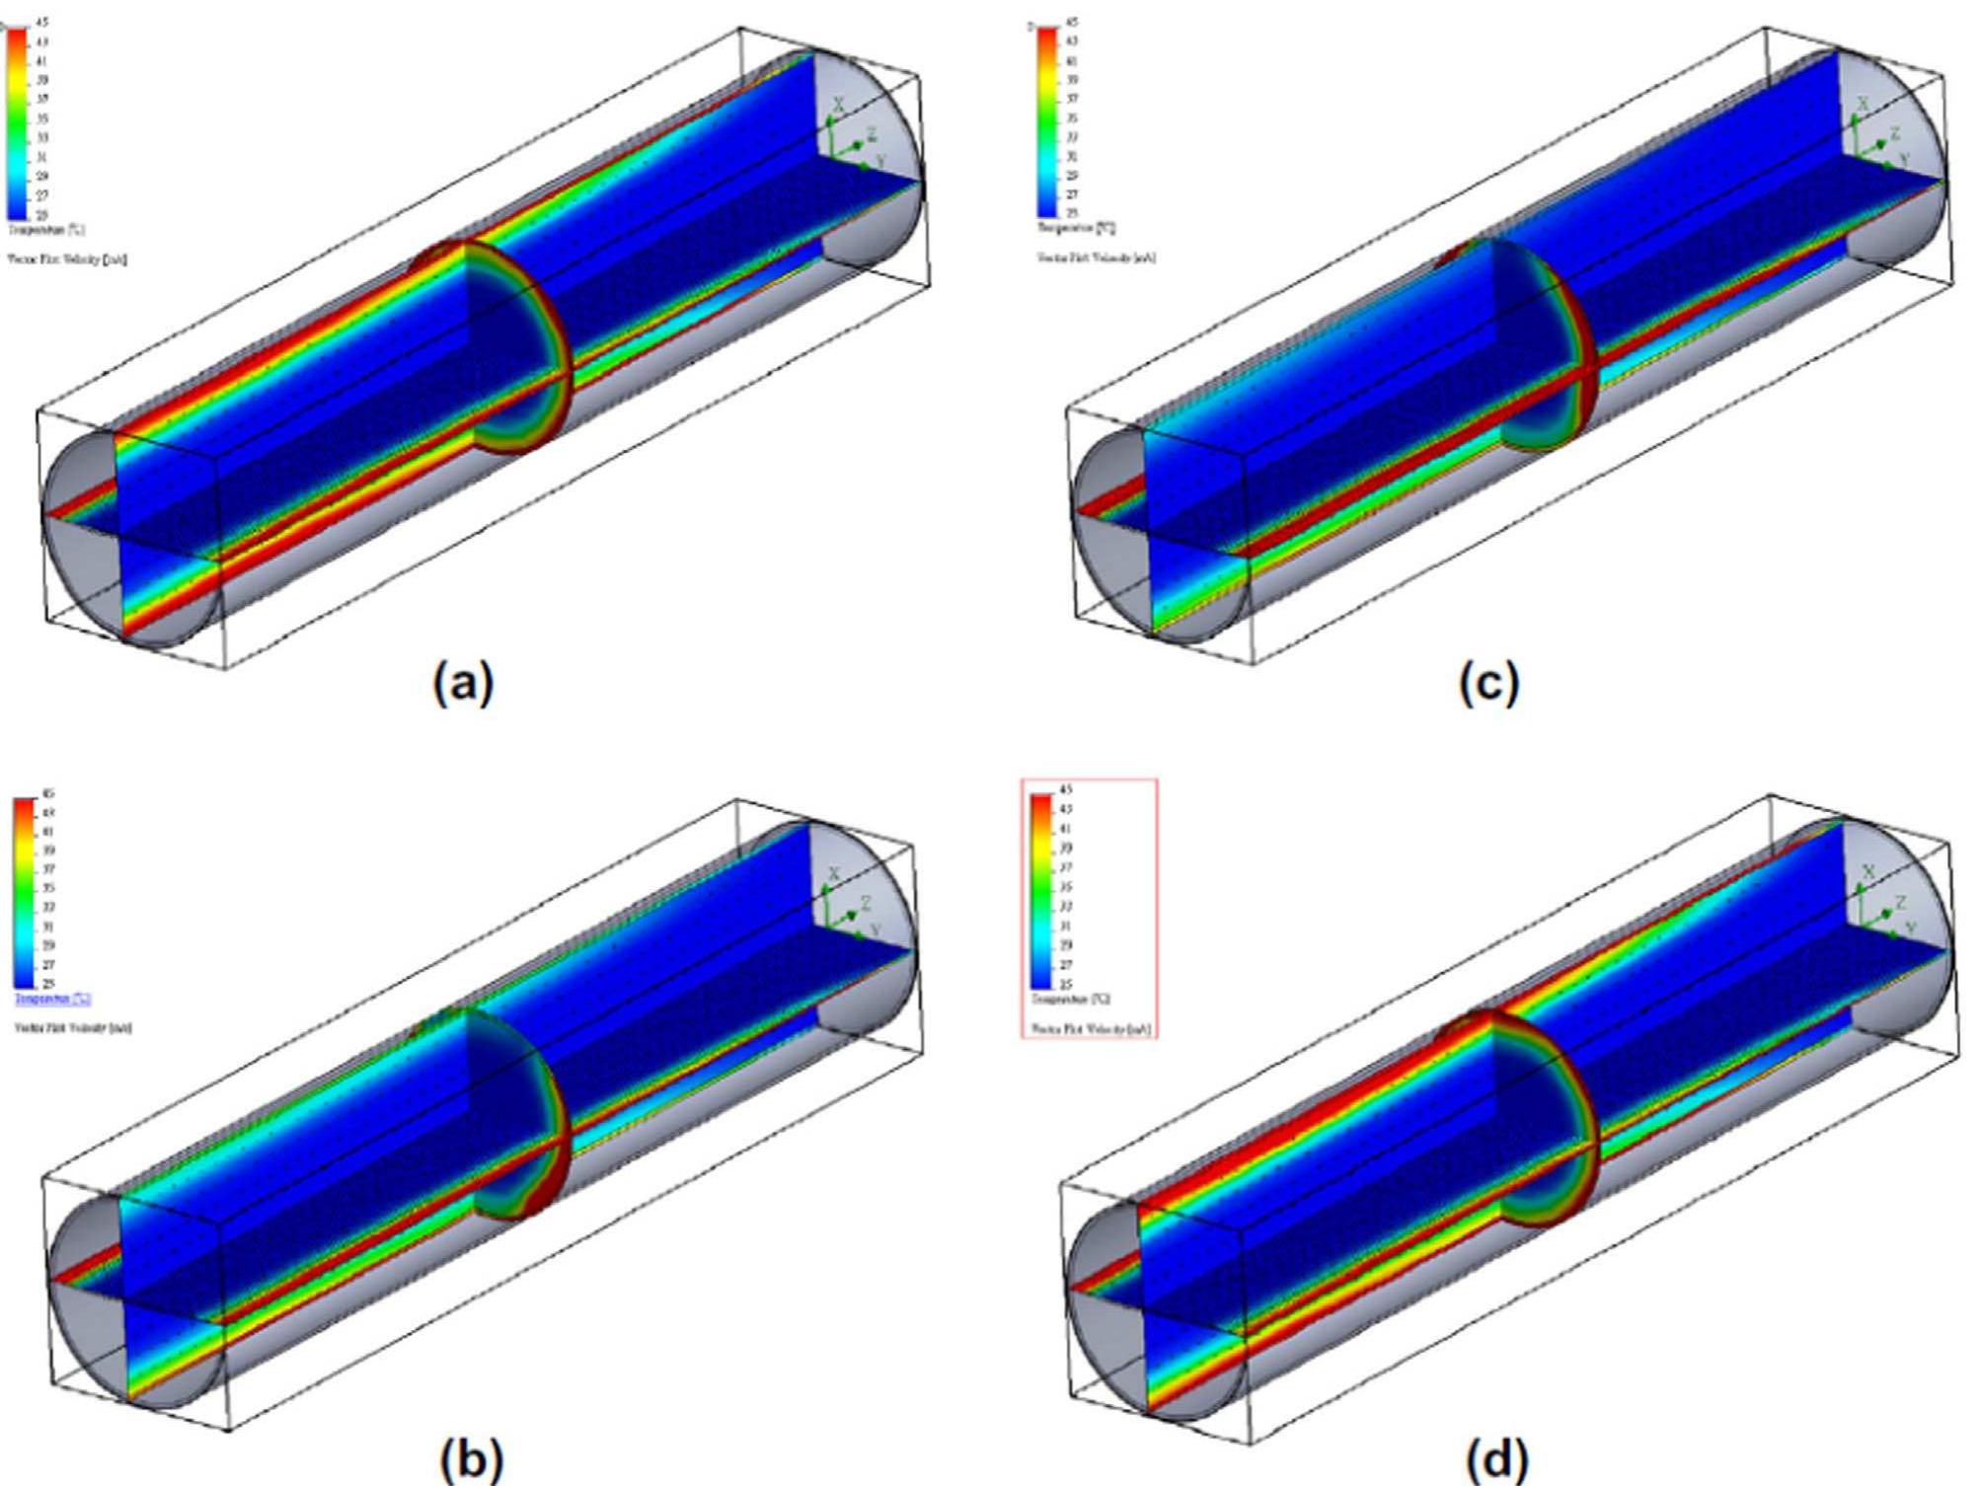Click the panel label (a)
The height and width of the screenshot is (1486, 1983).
[x=463, y=682]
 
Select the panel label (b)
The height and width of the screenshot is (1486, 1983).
[x=471, y=1458]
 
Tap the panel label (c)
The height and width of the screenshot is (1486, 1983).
[x=1489, y=682]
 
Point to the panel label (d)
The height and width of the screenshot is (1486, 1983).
[x=1497, y=1458]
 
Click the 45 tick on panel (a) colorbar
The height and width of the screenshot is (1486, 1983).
[x=41, y=23]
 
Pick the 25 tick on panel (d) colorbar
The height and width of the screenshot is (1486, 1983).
[x=1065, y=984]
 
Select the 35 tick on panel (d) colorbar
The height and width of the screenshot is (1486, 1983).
[x=1065, y=887]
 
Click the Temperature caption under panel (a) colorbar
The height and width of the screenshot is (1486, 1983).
[x=45, y=229]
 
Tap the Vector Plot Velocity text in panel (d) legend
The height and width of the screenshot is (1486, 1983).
[x=1091, y=1029]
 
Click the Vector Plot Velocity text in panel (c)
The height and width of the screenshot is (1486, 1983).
[x=1096, y=258]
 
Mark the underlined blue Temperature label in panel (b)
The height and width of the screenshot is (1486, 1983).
[x=52, y=999]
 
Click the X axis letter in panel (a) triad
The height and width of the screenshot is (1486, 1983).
[x=838, y=105]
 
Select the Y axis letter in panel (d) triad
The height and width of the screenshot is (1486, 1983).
[x=1910, y=929]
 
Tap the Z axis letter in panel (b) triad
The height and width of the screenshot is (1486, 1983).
[x=866, y=903]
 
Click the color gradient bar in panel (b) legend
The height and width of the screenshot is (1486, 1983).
[x=25, y=893]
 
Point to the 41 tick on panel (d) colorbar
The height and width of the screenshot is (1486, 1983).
[x=1065, y=829]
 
